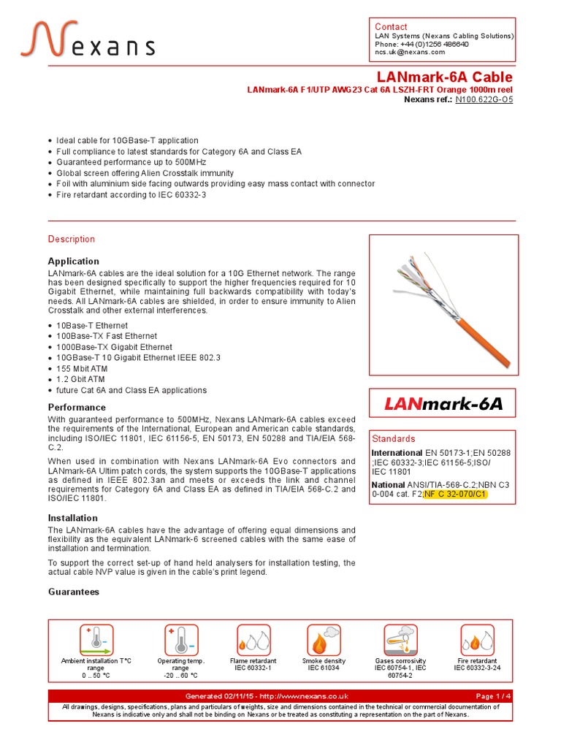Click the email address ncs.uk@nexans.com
coord(410,53)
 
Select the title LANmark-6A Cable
coord(444,77)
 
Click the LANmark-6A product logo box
coord(443,404)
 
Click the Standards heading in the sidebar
coord(394,439)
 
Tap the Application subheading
coord(74,261)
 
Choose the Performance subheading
coord(77,407)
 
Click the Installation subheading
coord(73,518)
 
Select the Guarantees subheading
coord(74,592)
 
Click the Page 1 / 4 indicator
coord(493,696)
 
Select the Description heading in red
coord(72,239)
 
